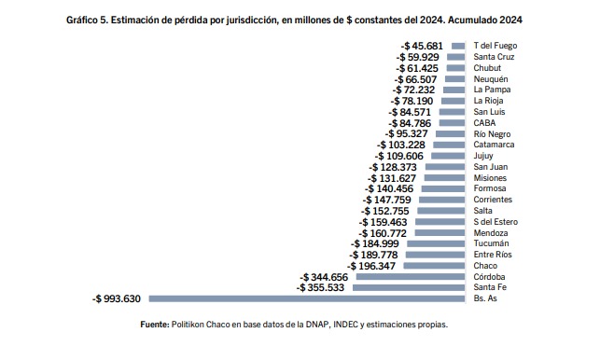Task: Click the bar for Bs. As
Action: [307, 298]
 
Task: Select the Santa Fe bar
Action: [409, 287]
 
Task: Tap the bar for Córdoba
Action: [411, 277]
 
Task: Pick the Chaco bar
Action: [434, 266]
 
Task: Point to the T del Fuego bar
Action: [458, 46]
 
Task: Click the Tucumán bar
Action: [436, 243]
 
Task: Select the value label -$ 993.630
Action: [117, 298]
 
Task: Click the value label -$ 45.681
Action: [422, 46]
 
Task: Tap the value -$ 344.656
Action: [324, 277]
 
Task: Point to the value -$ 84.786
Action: [410, 123]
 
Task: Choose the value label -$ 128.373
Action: [393, 167]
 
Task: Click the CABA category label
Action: [484, 123]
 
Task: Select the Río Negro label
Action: [492, 134]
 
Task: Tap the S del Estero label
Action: [495, 222]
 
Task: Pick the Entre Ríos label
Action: [493, 255]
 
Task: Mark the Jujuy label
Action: [483, 156]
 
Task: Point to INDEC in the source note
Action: [345, 325]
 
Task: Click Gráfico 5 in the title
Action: [87, 20]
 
